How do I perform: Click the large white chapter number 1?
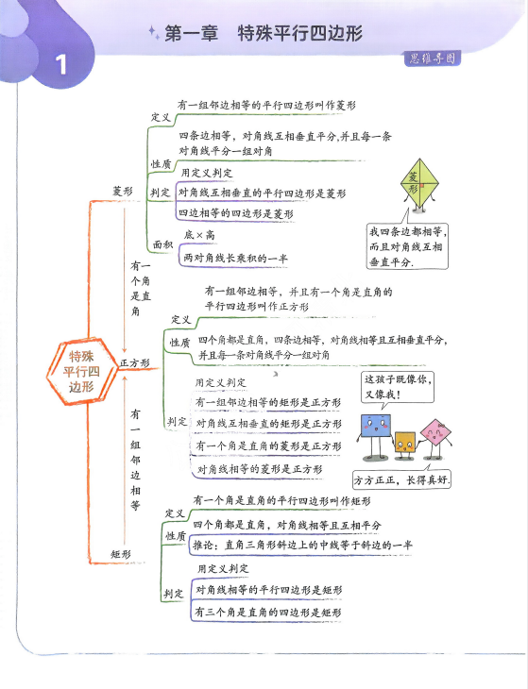pos(61,64)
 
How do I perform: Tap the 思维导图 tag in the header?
pos(433,59)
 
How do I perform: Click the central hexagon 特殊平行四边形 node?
pos(81,371)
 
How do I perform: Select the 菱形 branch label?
pos(123,192)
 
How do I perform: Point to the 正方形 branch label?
pos(135,363)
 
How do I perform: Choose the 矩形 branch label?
pos(121,554)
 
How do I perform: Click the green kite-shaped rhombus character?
pos(420,185)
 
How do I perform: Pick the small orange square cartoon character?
pos(405,445)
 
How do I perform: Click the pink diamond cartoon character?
pos(435,437)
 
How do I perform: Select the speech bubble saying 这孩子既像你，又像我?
pos(398,387)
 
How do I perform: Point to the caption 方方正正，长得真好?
pos(402,479)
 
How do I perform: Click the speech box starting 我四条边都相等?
pos(407,246)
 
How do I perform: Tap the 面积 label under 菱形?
pos(162,244)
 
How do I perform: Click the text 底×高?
pos(199,235)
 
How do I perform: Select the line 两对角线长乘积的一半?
pos(235,258)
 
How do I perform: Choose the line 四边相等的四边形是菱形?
pos(235,213)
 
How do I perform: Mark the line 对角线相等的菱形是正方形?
pos(260,469)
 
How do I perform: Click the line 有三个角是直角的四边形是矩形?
pos(268,613)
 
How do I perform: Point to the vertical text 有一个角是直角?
pos(141,288)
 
